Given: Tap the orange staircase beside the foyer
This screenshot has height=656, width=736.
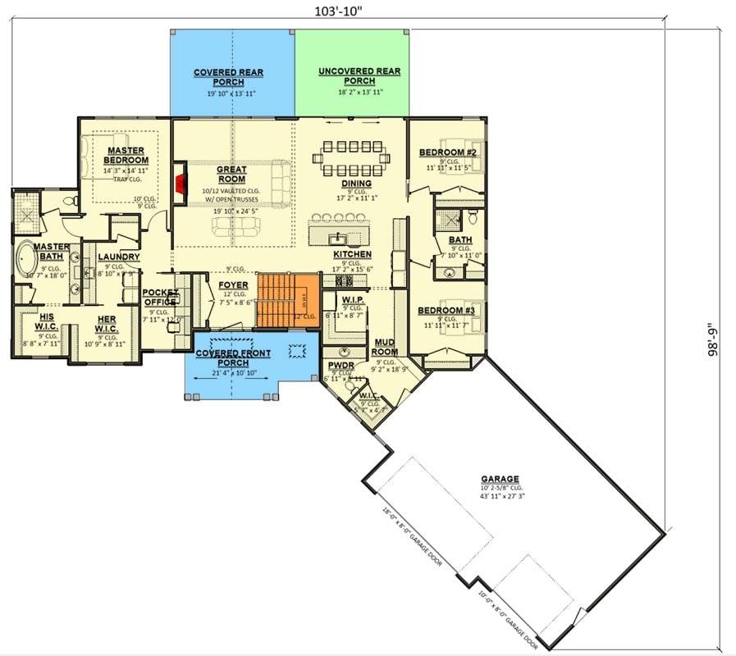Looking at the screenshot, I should coord(287,299).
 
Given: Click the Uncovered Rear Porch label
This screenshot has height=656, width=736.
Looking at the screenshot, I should coord(359,76).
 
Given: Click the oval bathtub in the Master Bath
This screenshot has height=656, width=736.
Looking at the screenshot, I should coord(25,261).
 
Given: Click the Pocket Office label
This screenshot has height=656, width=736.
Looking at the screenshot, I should coord(160,297).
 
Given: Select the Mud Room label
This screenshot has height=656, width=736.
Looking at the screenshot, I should coord(386,346).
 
